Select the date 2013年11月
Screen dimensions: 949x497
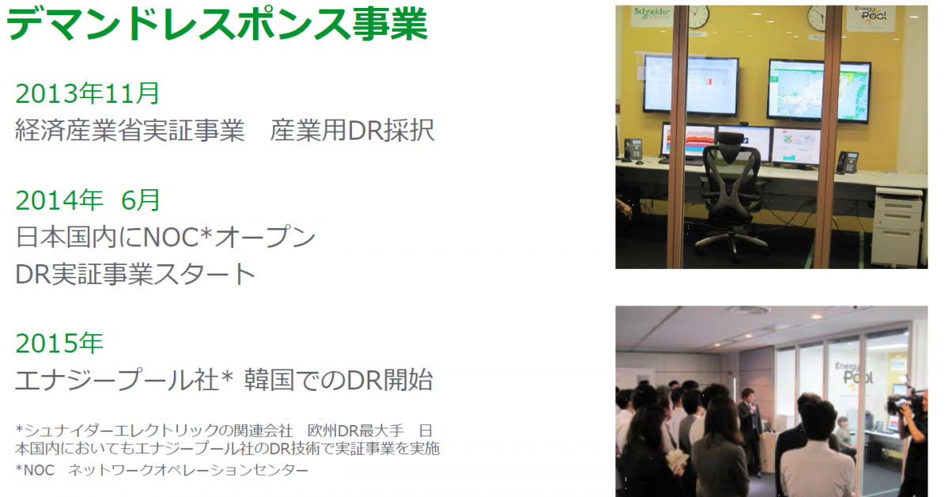tap(87, 93)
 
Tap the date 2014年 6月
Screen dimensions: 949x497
tap(87, 200)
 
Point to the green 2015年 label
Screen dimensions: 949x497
tap(59, 343)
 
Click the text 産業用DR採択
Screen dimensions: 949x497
tap(353, 131)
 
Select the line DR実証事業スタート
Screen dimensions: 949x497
tap(135, 274)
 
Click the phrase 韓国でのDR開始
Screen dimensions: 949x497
tap(338, 380)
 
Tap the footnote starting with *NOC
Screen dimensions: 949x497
tap(162, 470)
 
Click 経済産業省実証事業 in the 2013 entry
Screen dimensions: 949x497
tap(130, 131)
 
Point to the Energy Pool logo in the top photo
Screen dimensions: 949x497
tap(870, 16)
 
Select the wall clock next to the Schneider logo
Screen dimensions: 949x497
tap(699, 16)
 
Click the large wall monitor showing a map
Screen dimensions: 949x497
tap(819, 89)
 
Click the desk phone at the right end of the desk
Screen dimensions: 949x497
tap(847, 162)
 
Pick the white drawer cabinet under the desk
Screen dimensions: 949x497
tap(898, 227)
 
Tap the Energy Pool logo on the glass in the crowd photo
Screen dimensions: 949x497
tap(853, 374)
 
